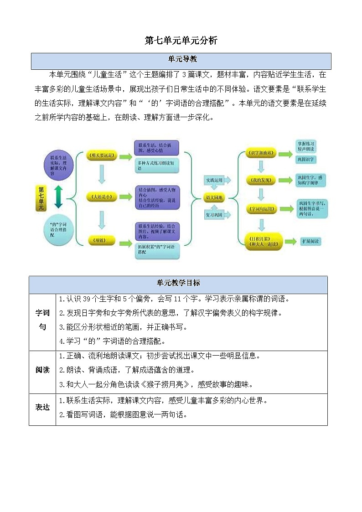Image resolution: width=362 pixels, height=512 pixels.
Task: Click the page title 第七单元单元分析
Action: [181, 41]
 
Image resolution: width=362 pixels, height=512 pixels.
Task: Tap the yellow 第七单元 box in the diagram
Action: [41, 198]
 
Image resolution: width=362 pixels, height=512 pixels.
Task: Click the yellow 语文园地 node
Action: [215, 197]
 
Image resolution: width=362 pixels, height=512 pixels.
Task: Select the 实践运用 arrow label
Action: [215, 181]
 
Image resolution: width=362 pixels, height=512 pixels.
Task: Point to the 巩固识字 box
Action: [306, 160]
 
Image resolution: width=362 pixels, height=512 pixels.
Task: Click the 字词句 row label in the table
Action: [42, 321]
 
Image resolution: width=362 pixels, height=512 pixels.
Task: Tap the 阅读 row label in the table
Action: [42, 370]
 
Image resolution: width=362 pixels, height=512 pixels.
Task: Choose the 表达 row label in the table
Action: [42, 407]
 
